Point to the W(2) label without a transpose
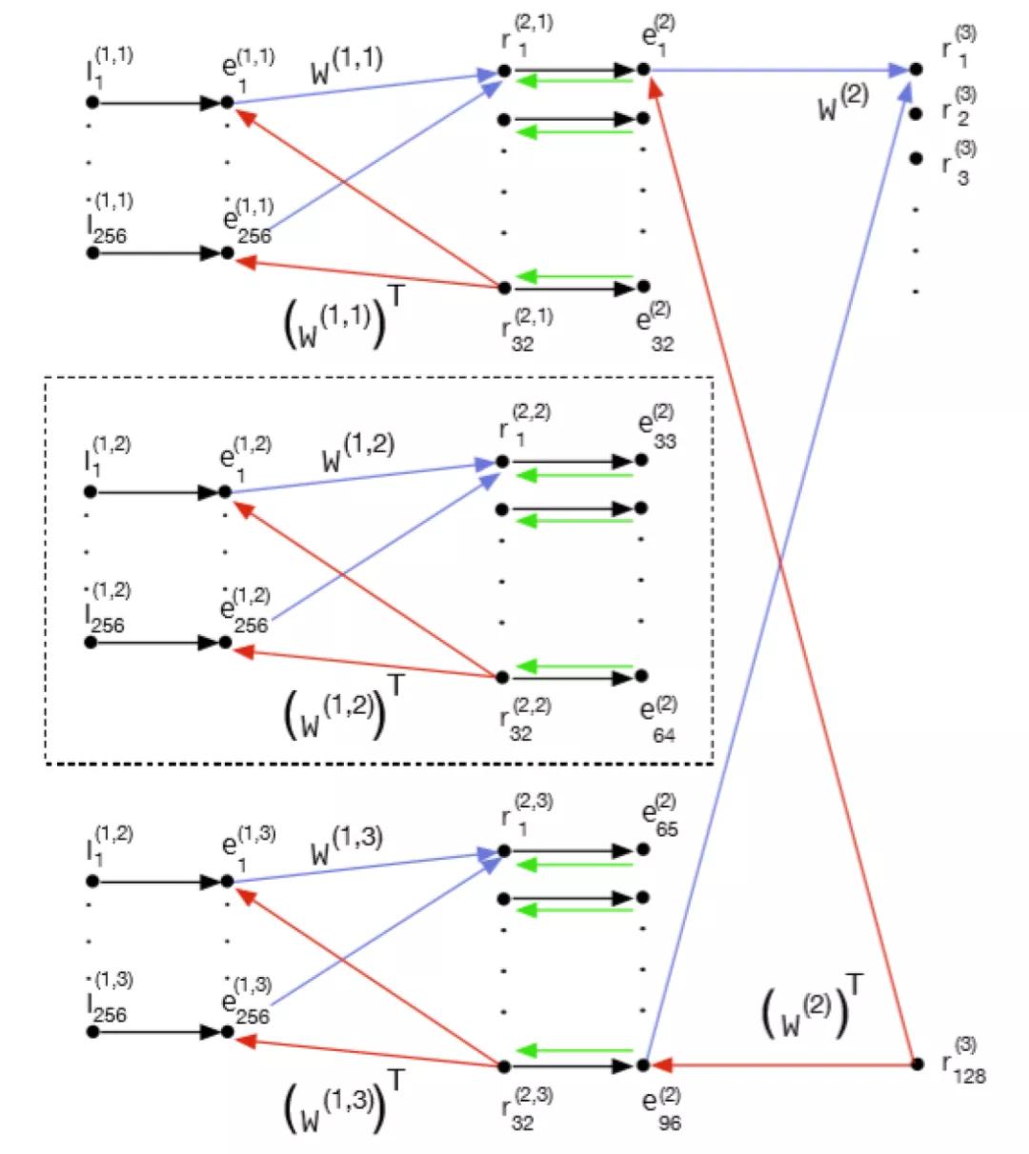842,104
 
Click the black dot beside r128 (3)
917,1064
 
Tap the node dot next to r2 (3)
917,114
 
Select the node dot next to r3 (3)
917,158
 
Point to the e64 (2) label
658,719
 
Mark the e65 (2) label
659,817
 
